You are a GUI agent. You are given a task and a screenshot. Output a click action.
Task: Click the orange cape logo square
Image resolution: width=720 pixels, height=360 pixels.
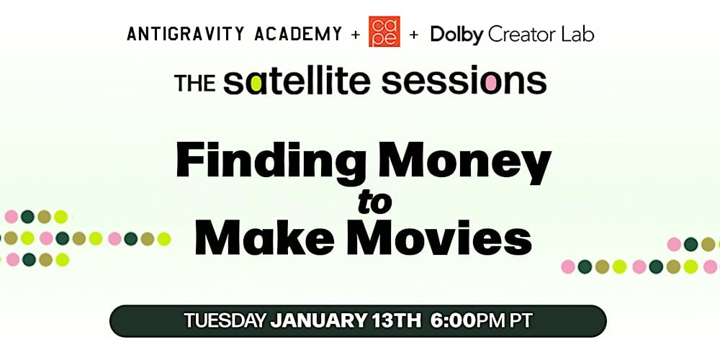point(384,32)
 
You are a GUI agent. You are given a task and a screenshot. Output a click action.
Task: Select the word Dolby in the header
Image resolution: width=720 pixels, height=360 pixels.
point(456,34)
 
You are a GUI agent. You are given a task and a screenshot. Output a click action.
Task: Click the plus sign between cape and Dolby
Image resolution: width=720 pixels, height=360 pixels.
point(413,34)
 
